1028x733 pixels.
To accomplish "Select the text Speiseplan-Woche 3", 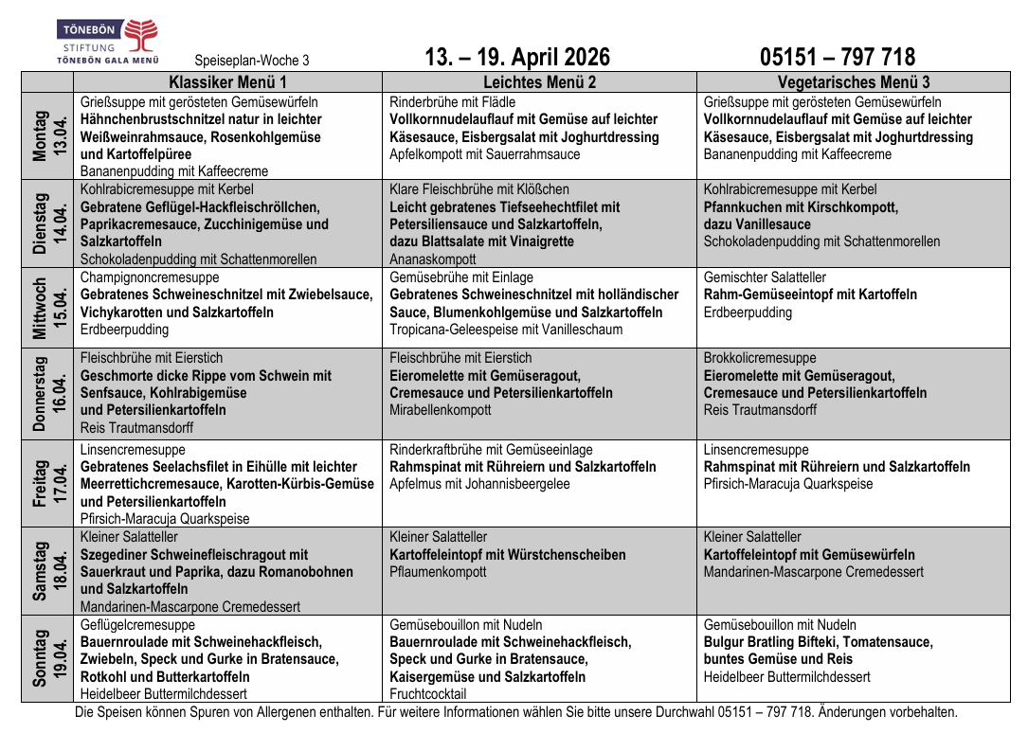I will click(252, 61).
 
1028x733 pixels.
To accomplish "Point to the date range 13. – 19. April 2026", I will click(517, 58).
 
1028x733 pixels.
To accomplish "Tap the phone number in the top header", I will click(838, 58).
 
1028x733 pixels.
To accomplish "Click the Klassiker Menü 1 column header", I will click(227, 82).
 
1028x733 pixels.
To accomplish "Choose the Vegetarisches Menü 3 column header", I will click(854, 82).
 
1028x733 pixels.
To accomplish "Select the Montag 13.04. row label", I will click(47, 136).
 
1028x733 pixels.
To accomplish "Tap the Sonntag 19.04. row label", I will click(47, 658).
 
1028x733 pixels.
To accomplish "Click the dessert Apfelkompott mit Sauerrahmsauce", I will click(484, 154).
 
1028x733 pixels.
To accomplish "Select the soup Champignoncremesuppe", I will click(150, 277).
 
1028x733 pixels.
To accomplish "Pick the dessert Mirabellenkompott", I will click(441, 410).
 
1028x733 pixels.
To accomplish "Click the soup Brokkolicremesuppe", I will click(760, 358).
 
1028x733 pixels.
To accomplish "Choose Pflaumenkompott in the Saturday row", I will click(438, 572).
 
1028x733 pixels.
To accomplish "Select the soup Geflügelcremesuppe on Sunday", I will click(138, 625).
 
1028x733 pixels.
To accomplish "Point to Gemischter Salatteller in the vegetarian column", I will click(765, 277).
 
